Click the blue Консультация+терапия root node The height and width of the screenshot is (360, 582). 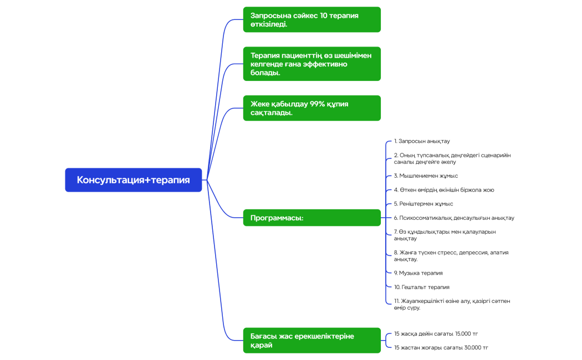[133, 180]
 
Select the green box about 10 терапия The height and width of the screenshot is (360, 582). [312, 20]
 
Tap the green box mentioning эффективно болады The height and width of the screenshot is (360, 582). [312, 64]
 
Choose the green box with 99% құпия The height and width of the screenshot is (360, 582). [312, 108]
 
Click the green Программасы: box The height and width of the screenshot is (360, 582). [312, 218]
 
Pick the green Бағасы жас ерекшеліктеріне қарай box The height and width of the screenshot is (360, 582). [312, 341]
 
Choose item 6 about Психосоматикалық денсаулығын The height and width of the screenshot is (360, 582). [454, 218]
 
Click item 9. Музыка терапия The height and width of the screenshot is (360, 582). [418, 273]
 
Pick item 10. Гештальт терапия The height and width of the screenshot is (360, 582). [422, 287]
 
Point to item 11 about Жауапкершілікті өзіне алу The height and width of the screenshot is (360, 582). [452, 304]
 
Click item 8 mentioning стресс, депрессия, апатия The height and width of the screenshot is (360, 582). [451, 256]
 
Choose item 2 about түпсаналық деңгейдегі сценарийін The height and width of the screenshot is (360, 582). [452, 158]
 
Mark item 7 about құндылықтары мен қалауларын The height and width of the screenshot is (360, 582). [445, 235]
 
